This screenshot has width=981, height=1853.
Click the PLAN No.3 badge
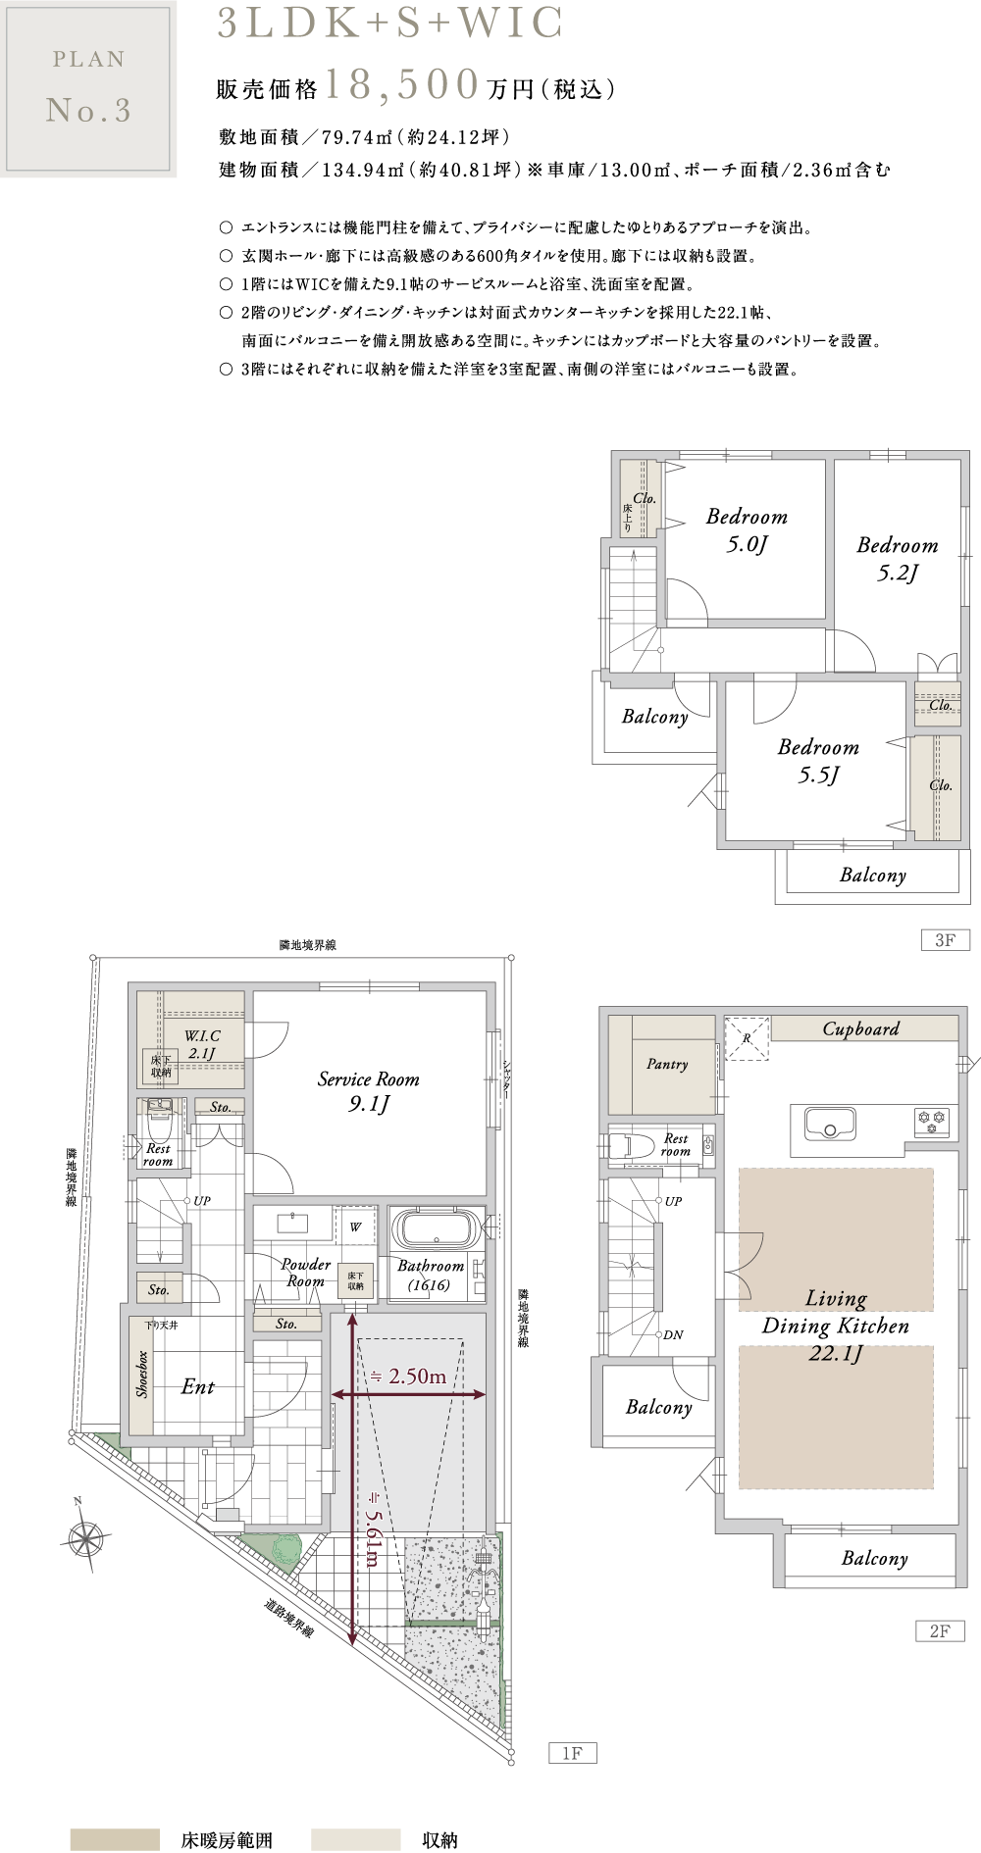(88, 88)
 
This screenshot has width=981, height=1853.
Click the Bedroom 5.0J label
(747, 530)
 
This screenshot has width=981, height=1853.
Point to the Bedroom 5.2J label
(897, 559)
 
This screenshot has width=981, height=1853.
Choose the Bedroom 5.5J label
(818, 761)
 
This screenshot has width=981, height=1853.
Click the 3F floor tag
(945, 940)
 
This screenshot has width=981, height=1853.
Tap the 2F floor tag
(940, 1630)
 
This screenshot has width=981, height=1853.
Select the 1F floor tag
(572, 1753)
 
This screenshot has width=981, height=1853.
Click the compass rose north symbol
(85, 1535)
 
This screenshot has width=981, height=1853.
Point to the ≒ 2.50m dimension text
(408, 1377)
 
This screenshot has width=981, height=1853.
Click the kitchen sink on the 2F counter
(830, 1124)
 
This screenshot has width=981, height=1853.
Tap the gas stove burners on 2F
(931, 1122)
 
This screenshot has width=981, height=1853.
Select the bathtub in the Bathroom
(437, 1228)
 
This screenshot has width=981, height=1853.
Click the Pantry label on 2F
(667, 1064)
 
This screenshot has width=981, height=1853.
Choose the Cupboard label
(860, 1028)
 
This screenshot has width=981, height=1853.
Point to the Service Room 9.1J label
(368, 1091)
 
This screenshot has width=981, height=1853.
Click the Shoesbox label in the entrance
(142, 1374)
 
